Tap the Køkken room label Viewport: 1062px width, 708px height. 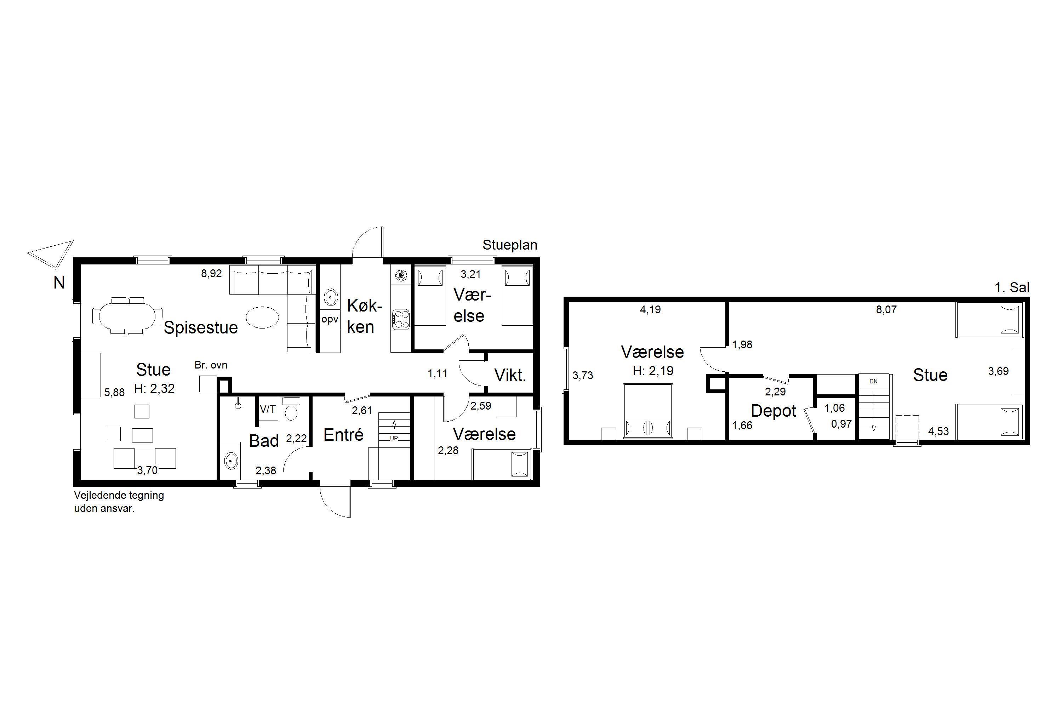(364, 316)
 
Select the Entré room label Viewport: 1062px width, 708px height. (344, 435)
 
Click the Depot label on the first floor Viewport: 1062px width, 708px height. (773, 411)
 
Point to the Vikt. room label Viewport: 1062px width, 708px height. (510, 375)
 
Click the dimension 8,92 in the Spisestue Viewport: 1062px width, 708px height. (211, 274)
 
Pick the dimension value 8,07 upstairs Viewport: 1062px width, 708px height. (886, 310)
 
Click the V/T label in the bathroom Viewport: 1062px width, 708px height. (267, 409)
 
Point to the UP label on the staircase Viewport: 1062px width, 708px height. (394, 438)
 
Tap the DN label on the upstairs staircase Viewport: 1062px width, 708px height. (873, 381)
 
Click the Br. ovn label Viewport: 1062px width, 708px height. (211, 365)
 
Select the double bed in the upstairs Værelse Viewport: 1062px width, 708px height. (647, 411)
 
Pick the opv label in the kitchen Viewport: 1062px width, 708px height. (330, 319)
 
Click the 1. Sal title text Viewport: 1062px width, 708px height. (1012, 287)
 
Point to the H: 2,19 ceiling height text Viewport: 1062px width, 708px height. (653, 371)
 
